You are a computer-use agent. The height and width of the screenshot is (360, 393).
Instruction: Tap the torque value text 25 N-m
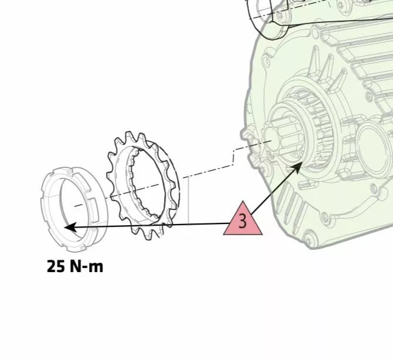(75, 266)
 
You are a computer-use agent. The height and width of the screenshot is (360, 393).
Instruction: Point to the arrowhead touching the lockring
(70, 227)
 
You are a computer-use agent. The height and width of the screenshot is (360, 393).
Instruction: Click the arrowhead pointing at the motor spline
(298, 167)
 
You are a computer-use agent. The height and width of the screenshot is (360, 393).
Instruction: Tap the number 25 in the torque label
(56, 266)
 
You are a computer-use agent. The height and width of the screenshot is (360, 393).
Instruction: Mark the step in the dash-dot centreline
(234, 157)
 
